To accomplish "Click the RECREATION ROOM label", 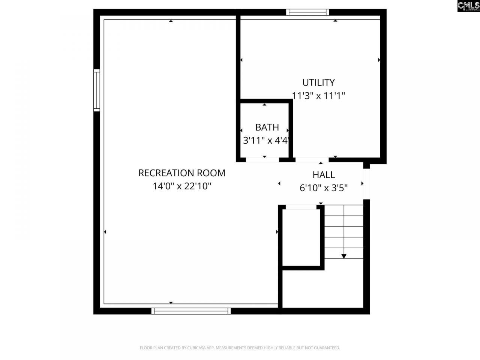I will pyautogui.click(x=182, y=173).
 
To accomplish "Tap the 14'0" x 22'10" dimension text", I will pyautogui.click(x=182, y=186).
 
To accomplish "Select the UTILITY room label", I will pyautogui.click(x=318, y=82).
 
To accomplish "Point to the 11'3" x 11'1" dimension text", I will pyautogui.click(x=318, y=96).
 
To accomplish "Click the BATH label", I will pyautogui.click(x=267, y=127).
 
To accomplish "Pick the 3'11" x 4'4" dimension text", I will pyautogui.click(x=266, y=141).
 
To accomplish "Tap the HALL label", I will pyautogui.click(x=324, y=175).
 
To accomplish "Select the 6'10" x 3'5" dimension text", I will pyautogui.click(x=324, y=188).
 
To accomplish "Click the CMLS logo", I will pyautogui.click(x=468, y=6).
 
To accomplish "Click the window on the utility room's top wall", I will pyautogui.click(x=307, y=12).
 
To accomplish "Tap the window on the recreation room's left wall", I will pyautogui.click(x=97, y=90).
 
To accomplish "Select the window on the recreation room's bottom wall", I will pyautogui.click(x=191, y=310).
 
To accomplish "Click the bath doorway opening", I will pyautogui.click(x=262, y=160).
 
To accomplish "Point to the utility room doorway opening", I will pyautogui.click(x=312, y=160).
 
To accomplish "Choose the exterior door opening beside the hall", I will pyautogui.click(x=367, y=184).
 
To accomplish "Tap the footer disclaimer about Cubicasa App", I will pyautogui.click(x=240, y=348).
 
